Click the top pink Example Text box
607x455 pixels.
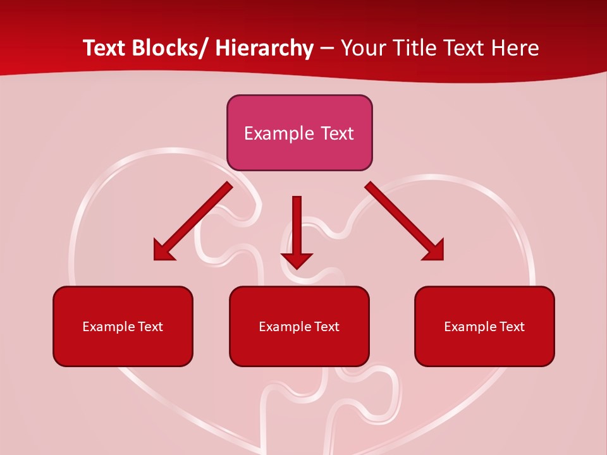299,133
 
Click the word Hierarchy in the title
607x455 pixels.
264,48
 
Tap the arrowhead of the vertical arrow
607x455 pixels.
297,259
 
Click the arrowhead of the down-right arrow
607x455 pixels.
435,251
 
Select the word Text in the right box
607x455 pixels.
511,327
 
